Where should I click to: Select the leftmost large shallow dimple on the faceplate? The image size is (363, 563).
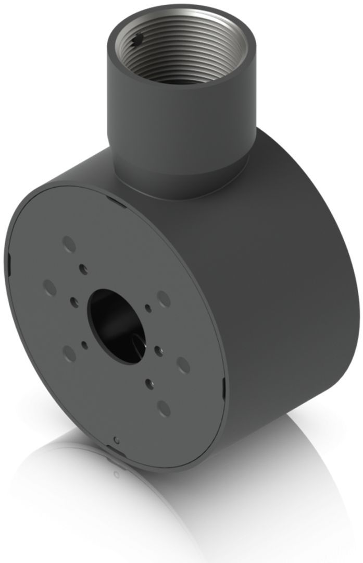coord(49,286)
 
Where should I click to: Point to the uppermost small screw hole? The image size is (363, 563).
coord(82,268)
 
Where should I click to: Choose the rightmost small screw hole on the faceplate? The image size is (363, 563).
coord(157,349)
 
